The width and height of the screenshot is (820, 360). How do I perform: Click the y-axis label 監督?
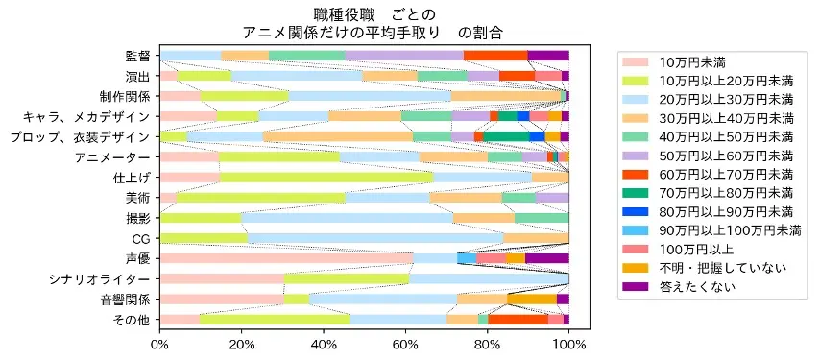point(136,56)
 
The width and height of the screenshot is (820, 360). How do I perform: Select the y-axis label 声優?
point(136,258)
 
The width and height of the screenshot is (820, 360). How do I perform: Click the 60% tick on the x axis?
point(405,329)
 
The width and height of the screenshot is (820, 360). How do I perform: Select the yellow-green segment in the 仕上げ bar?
point(326,178)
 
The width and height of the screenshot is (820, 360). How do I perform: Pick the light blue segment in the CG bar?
point(375,238)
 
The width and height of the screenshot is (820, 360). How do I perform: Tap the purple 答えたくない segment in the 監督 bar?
point(548,56)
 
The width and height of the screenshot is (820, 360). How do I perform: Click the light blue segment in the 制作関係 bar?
point(371,96)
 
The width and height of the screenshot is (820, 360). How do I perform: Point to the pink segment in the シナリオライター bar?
point(222,278)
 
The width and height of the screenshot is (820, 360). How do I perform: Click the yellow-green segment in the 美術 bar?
point(260,198)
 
